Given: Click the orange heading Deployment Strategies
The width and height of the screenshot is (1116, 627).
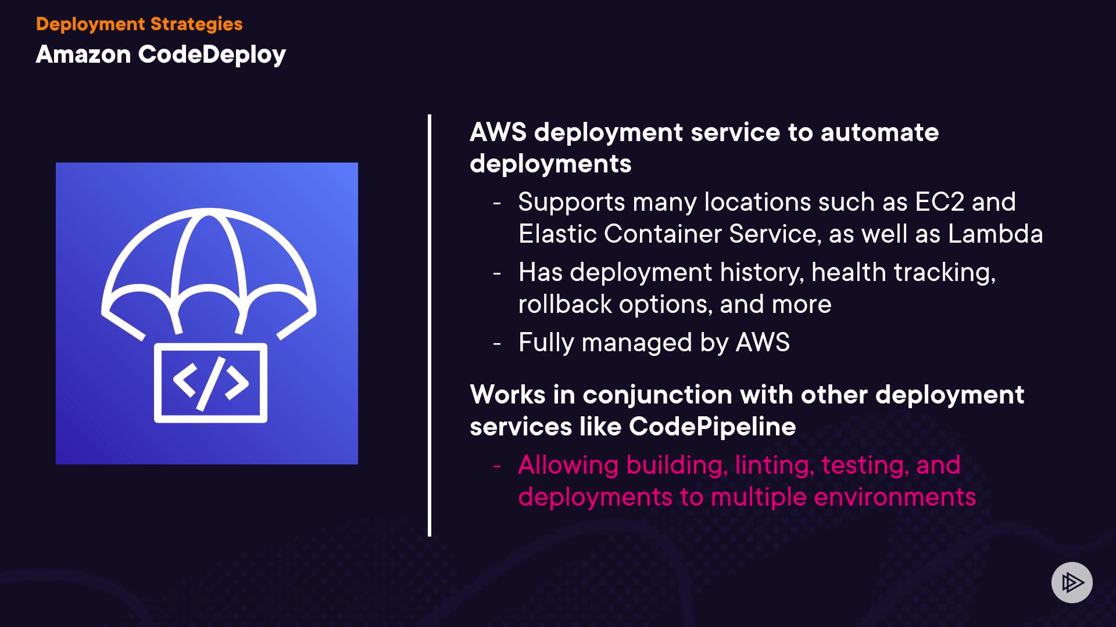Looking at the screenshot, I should click(x=139, y=24).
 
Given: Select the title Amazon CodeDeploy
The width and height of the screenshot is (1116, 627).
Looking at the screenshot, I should click(x=160, y=54).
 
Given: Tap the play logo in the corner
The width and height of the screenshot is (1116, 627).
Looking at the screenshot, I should click(x=1072, y=582).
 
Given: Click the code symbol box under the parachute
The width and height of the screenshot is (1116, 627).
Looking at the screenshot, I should click(x=210, y=383).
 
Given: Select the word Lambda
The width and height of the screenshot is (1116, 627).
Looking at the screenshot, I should click(x=995, y=234).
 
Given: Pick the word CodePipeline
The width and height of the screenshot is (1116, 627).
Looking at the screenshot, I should click(x=712, y=427).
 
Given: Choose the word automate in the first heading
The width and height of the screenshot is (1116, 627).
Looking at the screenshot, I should click(x=879, y=132).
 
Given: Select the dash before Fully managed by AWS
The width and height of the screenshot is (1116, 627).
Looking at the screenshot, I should click(x=497, y=343).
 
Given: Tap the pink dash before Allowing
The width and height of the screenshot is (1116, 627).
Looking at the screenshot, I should click(x=497, y=466).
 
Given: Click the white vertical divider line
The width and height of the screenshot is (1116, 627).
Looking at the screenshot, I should click(x=430, y=325).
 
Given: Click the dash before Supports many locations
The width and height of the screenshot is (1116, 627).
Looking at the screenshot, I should click(x=497, y=203).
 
